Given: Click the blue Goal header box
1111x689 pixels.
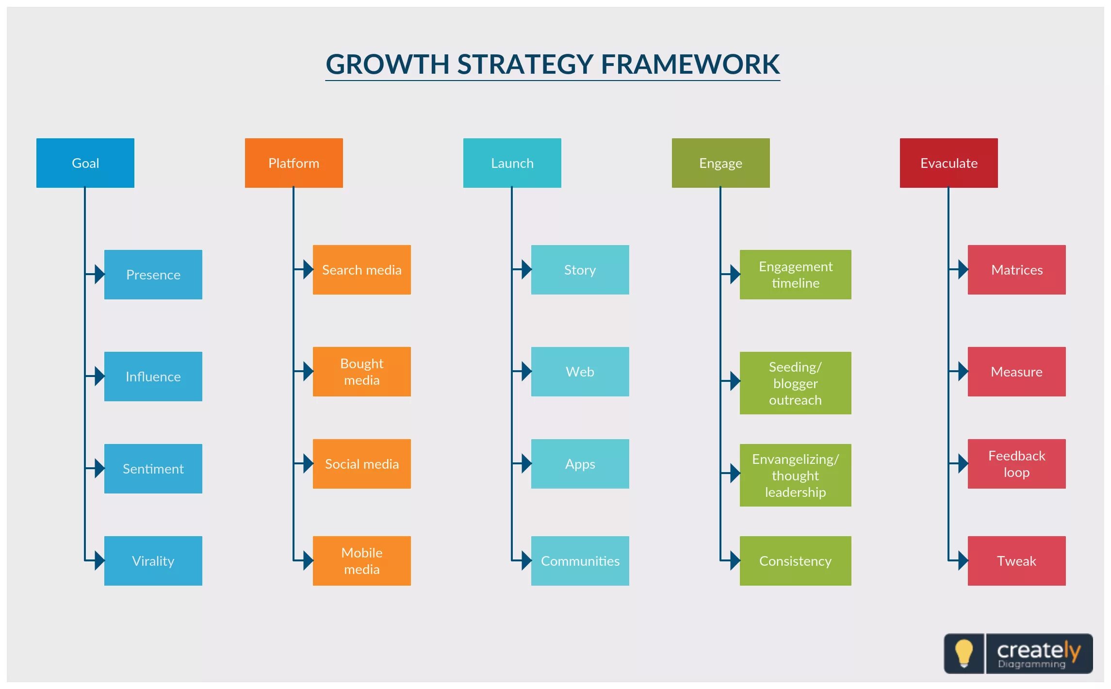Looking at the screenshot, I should [85, 163].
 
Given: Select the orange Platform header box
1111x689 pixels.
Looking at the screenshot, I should [294, 163].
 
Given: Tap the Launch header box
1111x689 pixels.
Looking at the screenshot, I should [512, 163].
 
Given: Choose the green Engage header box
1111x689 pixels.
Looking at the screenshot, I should [720, 163].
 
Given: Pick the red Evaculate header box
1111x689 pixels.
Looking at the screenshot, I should [948, 163].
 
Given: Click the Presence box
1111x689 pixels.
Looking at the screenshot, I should [153, 275].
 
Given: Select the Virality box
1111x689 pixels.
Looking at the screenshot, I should [153, 561].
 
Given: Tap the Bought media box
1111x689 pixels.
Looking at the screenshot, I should [361, 372].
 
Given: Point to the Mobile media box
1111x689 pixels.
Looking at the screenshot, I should [361, 561].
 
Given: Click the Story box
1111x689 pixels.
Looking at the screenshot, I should [580, 270].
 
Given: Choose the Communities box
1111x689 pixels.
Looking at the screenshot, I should [580, 561].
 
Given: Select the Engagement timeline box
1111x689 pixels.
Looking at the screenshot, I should [795, 275].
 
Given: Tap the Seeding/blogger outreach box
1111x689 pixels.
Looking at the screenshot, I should [795, 383].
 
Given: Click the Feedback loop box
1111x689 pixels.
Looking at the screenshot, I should [1016, 464].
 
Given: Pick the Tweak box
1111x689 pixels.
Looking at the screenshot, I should [1016, 561].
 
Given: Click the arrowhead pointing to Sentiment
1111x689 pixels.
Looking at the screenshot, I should [99, 469].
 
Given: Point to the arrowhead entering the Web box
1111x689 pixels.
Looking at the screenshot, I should [526, 372].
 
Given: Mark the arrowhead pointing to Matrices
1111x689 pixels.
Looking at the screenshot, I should [963, 270].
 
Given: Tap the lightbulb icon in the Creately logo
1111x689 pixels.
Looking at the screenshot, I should [964, 653].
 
